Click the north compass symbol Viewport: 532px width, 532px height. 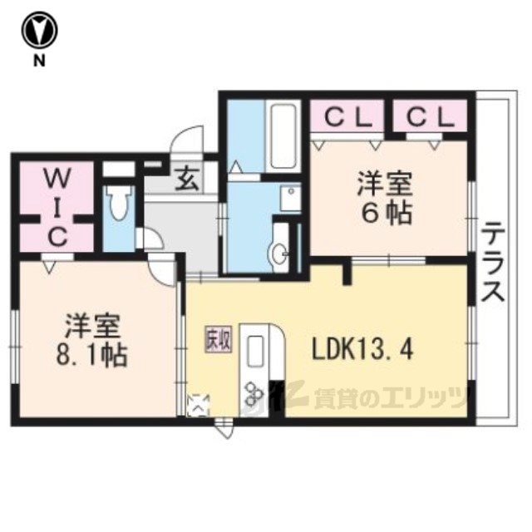pos(40,32)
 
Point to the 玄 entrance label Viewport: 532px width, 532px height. pos(187,179)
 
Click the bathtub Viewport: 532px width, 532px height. pos(283,135)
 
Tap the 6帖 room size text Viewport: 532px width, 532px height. pos(387,214)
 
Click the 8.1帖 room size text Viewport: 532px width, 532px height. pos(91,356)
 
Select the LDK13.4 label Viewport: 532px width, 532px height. pos(362,350)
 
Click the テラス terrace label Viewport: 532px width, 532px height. pos(493,262)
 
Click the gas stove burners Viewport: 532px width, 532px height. pos(254,393)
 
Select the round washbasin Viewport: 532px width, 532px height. pos(279,253)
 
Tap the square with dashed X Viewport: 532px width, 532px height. pos(198,405)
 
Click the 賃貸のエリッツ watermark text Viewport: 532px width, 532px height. pos(389,398)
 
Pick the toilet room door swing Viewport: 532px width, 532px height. pos(152,239)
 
